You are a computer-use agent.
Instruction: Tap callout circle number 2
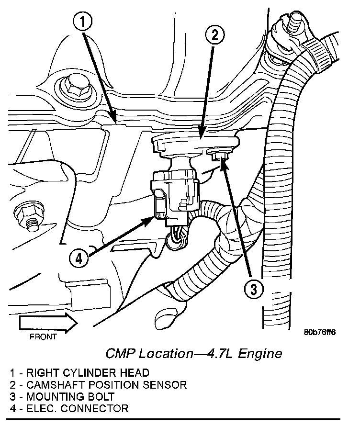214,35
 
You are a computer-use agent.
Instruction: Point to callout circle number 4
79,258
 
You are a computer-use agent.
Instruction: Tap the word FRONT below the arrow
44,336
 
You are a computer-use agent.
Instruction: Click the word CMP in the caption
120,354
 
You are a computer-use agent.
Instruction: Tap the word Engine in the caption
260,354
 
